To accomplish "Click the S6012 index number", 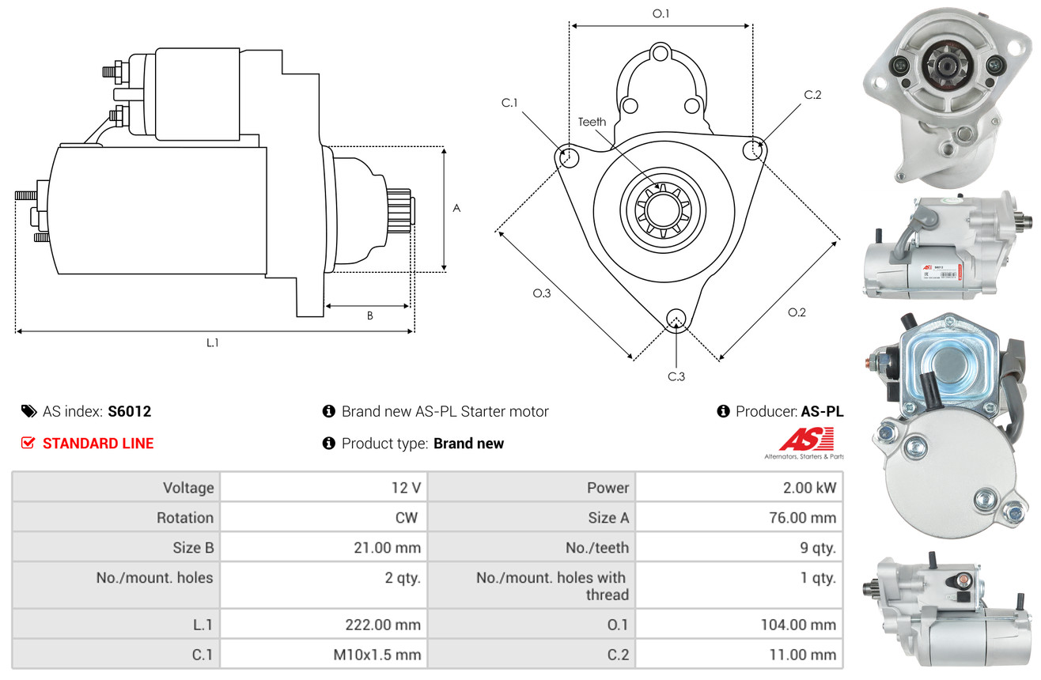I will (129, 411).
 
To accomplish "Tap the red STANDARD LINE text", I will (98, 444).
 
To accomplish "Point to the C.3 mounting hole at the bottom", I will (676, 319).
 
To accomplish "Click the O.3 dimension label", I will (542, 293).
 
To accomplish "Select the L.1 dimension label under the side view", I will (213, 342).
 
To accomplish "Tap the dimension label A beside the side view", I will (456, 208).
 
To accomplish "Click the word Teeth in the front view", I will (592, 122).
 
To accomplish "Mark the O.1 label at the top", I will (661, 13).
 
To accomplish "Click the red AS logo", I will (805, 440).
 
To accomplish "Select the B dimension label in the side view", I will (369, 315).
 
